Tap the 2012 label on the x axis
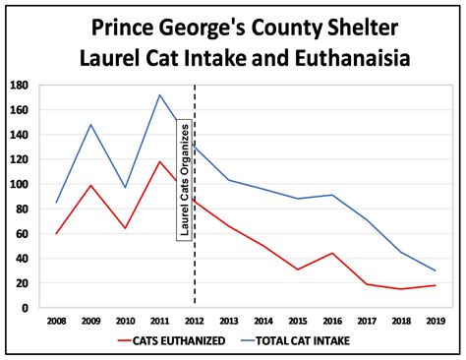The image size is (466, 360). click(x=195, y=320)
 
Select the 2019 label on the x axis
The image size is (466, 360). click(x=434, y=320)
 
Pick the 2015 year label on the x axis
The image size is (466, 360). click(x=297, y=320)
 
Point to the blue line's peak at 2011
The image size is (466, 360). click(x=160, y=95)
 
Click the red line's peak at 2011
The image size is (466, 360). click(x=160, y=161)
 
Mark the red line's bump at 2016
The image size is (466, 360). click(x=331, y=253)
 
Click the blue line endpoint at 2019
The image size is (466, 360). click(x=434, y=270)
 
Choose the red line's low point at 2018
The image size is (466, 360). click(x=399, y=289)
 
